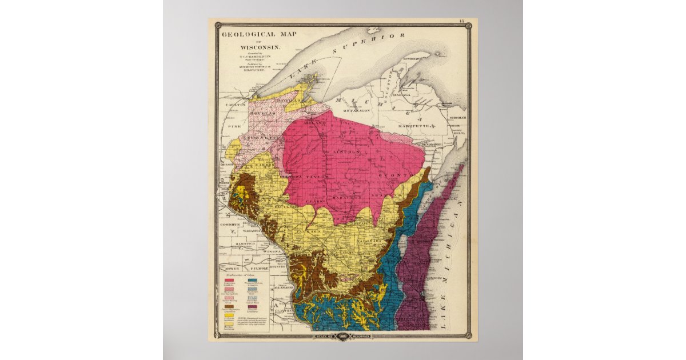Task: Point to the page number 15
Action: (461, 22)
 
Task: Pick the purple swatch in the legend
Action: (253, 306)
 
